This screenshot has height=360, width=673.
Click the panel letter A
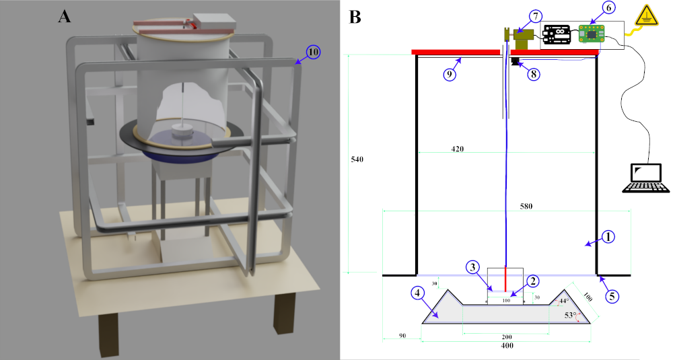coord(65,16)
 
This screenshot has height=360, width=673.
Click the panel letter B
coord(355,16)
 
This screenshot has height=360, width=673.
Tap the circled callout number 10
coord(314,52)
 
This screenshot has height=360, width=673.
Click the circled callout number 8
coord(533,74)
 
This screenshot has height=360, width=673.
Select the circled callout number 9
coord(450,74)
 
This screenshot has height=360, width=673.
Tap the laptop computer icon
coord(645,178)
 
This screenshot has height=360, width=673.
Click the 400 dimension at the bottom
coord(507,345)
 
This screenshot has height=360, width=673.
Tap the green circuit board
coord(592,32)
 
